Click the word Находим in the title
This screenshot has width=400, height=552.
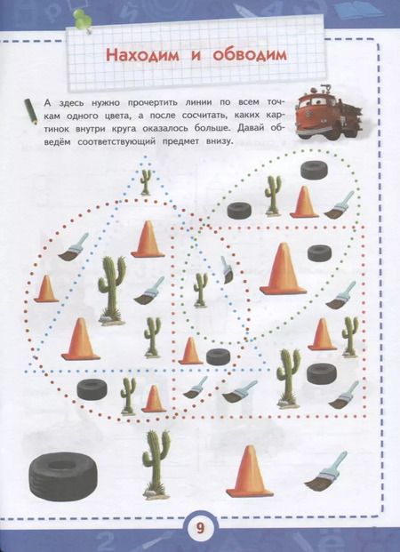(x=142, y=55)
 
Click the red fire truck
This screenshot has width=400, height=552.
(x=328, y=112)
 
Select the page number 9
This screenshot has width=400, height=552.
(x=200, y=528)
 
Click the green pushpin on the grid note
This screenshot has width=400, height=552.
(x=83, y=19)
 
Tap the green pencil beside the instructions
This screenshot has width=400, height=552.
(x=30, y=111)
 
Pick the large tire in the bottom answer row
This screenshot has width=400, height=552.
(x=63, y=476)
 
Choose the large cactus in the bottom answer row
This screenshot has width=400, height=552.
(x=156, y=464)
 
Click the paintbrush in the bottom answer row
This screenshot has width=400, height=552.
(x=325, y=472)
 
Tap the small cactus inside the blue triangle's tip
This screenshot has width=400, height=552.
(x=146, y=181)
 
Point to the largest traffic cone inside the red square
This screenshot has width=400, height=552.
(x=283, y=268)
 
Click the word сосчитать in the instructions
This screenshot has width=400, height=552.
(x=220, y=116)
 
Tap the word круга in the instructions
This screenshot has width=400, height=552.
(x=124, y=129)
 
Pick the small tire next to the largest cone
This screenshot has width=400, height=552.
(x=319, y=253)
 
